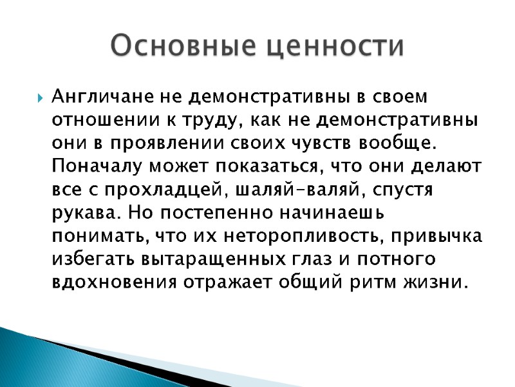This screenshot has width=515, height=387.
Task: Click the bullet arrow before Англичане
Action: tap(40, 99)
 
